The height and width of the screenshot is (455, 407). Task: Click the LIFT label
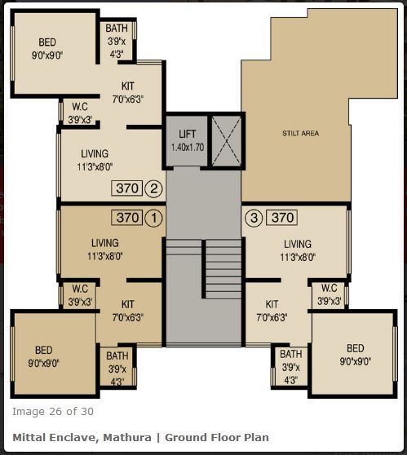tap(187, 134)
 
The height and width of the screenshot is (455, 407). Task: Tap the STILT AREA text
tap(301, 132)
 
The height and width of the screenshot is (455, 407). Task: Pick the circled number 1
tap(153, 218)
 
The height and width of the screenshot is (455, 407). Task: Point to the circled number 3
tap(254, 218)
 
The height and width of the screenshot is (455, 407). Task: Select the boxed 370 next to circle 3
tap(282, 218)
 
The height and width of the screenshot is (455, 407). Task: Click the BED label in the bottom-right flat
tap(355, 348)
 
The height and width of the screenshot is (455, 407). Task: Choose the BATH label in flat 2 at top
tap(117, 29)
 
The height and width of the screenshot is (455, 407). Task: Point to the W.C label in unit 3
tap(330, 288)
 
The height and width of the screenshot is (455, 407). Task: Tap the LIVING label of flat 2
tap(95, 153)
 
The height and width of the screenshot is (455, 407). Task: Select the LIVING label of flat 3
tap(297, 244)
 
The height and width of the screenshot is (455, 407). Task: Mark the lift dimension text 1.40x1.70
tap(188, 148)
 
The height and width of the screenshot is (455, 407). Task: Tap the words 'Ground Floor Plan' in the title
tap(216, 438)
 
